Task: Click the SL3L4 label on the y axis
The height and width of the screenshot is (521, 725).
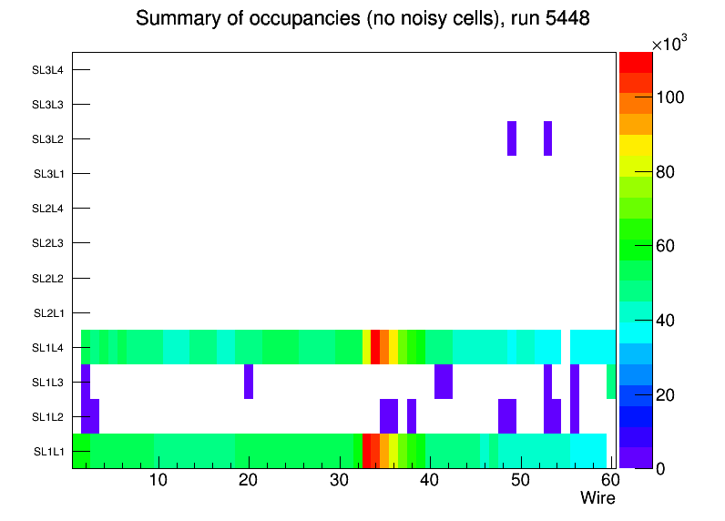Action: [x=47, y=70]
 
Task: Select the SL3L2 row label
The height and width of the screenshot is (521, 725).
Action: [x=47, y=139]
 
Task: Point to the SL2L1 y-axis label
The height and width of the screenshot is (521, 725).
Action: [x=48, y=313]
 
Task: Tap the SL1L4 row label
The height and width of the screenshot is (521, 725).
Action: [x=48, y=348]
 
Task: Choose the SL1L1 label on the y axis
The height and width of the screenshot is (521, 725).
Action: [x=48, y=452]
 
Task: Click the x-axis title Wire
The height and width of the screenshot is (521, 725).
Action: [x=597, y=498]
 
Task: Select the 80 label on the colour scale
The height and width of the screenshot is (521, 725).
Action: [x=671, y=172]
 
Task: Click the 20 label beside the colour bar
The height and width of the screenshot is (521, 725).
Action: [x=671, y=394]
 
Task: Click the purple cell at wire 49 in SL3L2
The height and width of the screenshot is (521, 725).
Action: [x=512, y=138]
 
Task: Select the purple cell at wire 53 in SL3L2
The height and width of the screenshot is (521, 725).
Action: [x=547, y=138]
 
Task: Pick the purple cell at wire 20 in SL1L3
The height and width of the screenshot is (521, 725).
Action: [x=249, y=382]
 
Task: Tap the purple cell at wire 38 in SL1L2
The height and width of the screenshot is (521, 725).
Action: [x=412, y=416]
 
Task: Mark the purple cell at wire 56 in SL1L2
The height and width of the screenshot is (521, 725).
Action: [x=575, y=416]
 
